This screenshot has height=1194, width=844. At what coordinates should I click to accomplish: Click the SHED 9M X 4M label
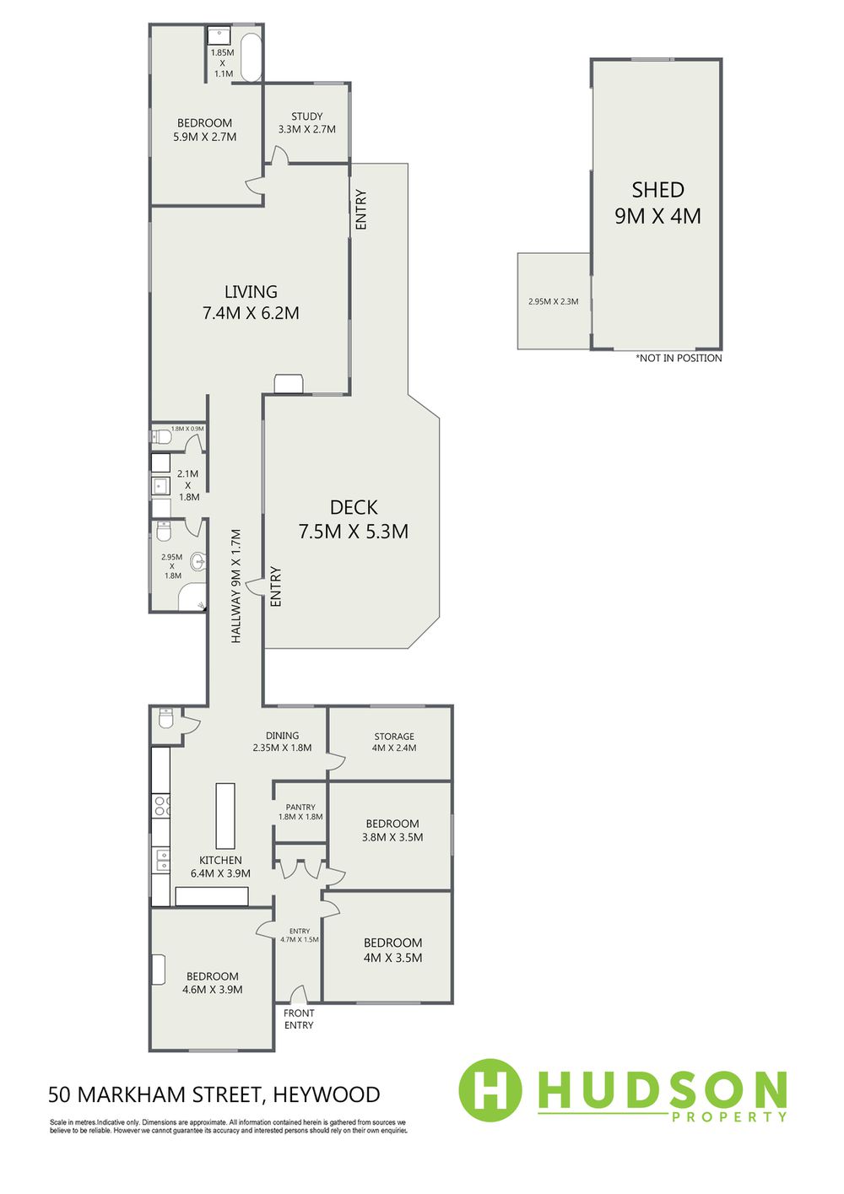[657, 203]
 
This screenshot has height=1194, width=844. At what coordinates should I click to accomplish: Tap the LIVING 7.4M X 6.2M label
[251, 302]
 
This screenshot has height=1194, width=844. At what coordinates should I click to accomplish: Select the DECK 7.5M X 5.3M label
[354, 519]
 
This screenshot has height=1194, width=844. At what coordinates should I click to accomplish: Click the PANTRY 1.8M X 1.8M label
[300, 812]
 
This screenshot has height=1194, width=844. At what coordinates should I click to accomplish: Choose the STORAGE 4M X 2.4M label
[394, 742]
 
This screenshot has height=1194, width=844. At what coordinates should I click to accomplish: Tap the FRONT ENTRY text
[299, 1019]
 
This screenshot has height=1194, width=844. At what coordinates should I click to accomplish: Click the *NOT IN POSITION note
[679, 358]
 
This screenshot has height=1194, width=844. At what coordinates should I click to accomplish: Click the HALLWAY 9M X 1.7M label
[236, 586]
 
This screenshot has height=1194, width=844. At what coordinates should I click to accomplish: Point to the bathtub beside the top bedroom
[252, 58]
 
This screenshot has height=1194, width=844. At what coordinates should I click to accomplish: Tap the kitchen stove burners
[161, 805]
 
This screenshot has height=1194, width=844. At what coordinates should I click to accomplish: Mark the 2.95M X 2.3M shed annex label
[554, 301]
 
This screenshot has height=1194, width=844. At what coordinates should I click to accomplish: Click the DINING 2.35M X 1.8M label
[282, 742]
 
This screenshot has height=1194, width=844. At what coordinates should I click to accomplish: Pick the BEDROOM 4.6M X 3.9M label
[212, 983]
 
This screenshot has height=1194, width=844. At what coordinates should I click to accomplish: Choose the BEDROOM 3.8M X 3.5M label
[392, 830]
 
